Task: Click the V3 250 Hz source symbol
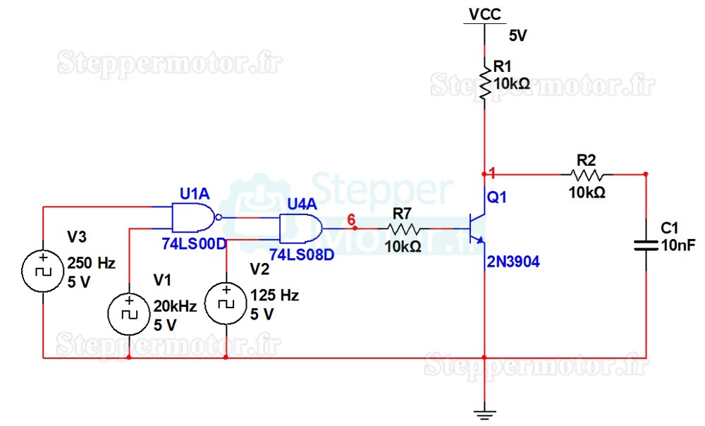pyautogui.click(x=43, y=272)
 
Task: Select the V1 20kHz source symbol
pyautogui.click(x=129, y=314)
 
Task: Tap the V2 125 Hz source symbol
pyautogui.click(x=226, y=303)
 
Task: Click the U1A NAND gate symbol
pyautogui.click(x=195, y=218)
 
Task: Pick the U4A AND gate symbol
pyautogui.click(x=301, y=229)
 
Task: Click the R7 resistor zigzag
pyautogui.click(x=403, y=229)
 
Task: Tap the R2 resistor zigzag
pyautogui.click(x=587, y=174)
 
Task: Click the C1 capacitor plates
pyautogui.click(x=646, y=245)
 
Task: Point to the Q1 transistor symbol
pyautogui.click(x=477, y=229)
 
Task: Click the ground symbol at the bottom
pyautogui.click(x=485, y=414)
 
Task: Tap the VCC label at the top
pyautogui.click(x=485, y=14)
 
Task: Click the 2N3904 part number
pyautogui.click(x=513, y=262)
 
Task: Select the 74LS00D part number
pyautogui.click(x=195, y=244)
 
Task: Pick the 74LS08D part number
pyautogui.click(x=302, y=255)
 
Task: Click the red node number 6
pyautogui.click(x=351, y=219)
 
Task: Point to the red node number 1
pyautogui.click(x=492, y=173)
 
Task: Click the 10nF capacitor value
pyautogui.click(x=678, y=245)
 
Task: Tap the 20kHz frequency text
pyautogui.click(x=176, y=306)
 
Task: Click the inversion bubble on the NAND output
pyautogui.click(x=219, y=218)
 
